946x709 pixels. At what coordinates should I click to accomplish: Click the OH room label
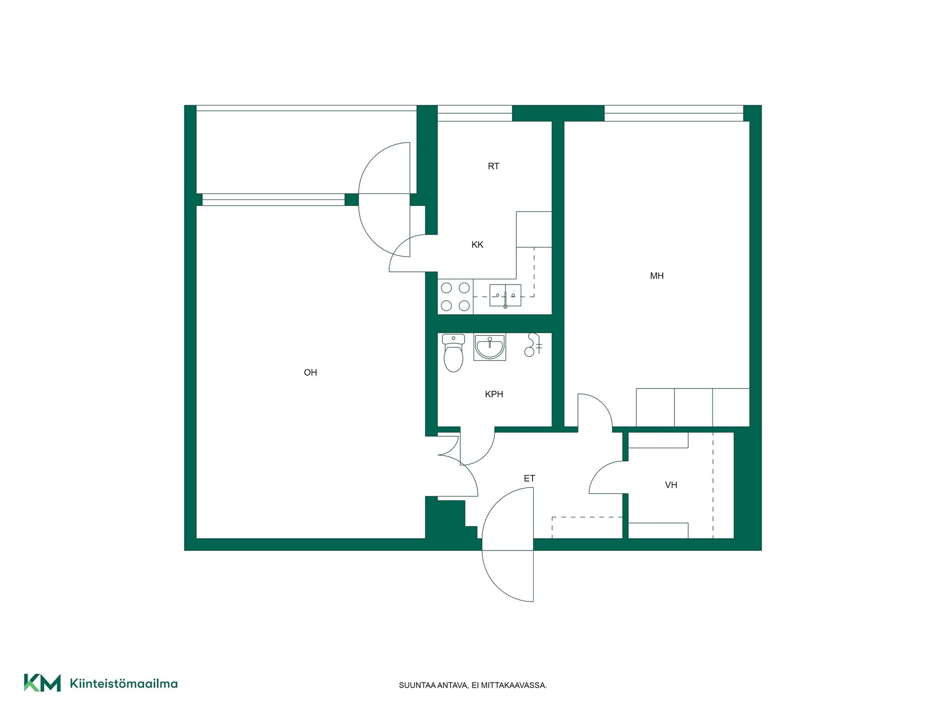310,373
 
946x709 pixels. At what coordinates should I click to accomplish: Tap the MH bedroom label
657,276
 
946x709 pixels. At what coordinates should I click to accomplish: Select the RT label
493,166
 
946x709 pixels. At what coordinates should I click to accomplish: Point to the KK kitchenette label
477,245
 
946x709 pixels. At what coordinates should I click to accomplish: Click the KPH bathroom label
494,394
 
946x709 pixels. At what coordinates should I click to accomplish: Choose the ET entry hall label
529,479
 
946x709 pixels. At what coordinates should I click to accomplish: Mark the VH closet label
671,485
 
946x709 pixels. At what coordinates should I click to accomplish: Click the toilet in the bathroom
453,353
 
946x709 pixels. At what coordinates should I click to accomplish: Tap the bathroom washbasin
490,347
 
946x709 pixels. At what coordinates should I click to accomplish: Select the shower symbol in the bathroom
533,345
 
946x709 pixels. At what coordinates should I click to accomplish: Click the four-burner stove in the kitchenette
455,297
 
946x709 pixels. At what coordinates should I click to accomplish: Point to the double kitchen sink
505,295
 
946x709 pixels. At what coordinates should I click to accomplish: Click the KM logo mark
42,683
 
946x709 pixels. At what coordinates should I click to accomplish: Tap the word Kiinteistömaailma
124,683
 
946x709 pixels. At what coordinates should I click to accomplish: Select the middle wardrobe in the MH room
693,408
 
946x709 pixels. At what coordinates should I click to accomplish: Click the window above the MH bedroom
674,113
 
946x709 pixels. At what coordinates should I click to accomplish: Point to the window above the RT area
475,113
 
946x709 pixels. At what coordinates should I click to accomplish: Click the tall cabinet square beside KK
534,229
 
